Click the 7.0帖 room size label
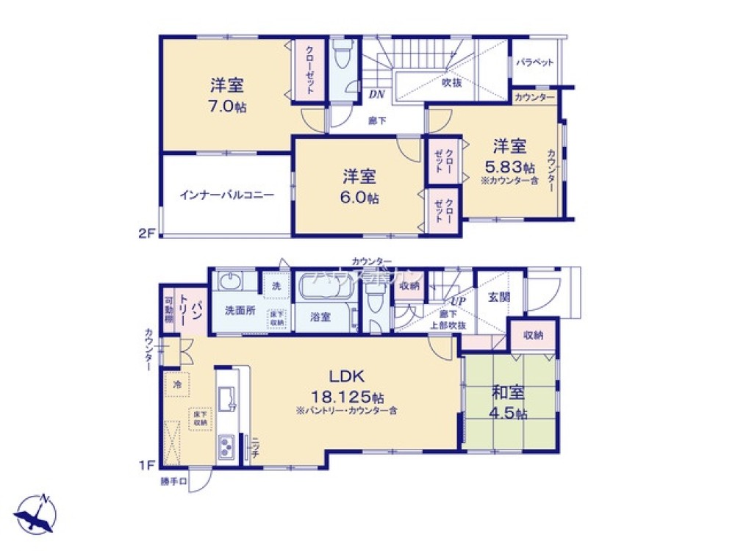[x=226, y=106]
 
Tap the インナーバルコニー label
[x=226, y=195]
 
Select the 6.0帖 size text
[x=360, y=198]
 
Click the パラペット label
[x=534, y=62]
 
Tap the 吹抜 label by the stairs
[x=451, y=82]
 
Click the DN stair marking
[x=376, y=94]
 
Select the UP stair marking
[x=456, y=301]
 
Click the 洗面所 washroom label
[x=240, y=310]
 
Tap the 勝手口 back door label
[x=174, y=482]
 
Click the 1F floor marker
[x=148, y=466]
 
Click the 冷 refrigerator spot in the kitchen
[x=177, y=383]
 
